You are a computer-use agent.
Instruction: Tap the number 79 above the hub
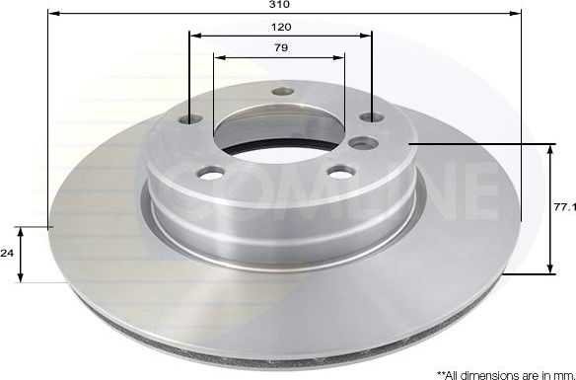pos(281,47)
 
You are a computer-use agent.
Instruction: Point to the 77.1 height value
pos(563,209)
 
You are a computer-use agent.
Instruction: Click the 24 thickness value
pos(7,254)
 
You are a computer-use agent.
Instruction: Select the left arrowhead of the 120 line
pos(193,36)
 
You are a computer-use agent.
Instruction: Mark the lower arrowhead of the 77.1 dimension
pos(550,269)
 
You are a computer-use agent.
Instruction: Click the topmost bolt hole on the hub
pos(283,92)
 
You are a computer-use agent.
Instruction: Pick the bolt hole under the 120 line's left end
pos(191,119)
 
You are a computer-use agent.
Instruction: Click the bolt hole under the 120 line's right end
pos(371,117)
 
